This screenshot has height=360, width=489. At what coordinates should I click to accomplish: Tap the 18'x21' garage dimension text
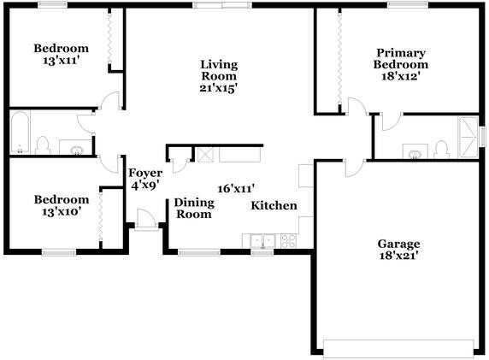coord(398,255)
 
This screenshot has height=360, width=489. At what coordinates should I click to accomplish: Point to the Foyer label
coord(144,174)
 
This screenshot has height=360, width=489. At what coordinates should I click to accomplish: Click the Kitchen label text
coord(274,205)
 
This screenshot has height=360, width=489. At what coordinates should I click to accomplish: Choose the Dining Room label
coord(192,209)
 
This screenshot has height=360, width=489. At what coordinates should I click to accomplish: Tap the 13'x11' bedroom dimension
coord(61,60)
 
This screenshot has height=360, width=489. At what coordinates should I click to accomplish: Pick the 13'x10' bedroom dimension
coord(62,212)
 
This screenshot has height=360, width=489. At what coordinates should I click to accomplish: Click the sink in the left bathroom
coord(77,150)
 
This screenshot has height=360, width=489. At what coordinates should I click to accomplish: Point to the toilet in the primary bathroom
coord(441,150)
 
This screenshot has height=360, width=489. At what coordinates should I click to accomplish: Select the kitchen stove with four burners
coord(287,240)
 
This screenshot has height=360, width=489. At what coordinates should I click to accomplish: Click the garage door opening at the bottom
coord(398,348)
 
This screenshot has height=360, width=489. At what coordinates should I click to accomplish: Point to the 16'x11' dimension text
coord(237,188)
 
